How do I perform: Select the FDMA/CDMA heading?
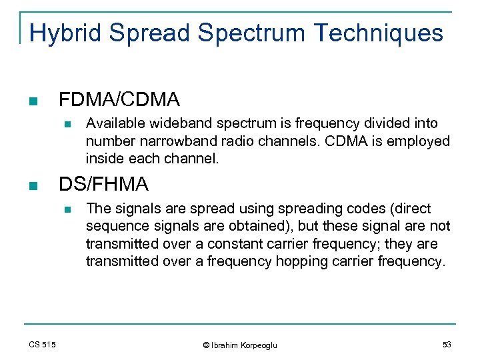coord(119,100)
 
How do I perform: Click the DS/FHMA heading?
coord(104,184)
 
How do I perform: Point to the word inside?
coord(103,159)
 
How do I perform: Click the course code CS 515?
coord(43,344)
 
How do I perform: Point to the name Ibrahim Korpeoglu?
coord(244,345)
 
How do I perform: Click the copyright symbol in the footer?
coord(206,345)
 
